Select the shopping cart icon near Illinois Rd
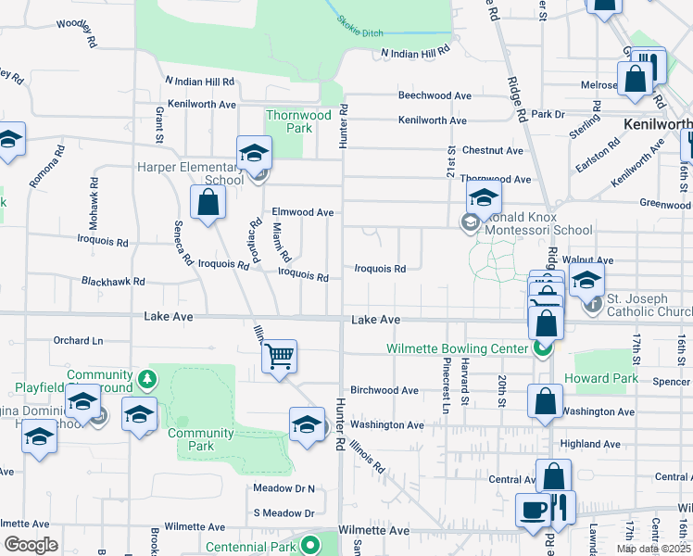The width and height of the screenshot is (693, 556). (279, 355)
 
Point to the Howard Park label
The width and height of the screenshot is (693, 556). (606, 378)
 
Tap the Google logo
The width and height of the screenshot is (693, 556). (31, 545)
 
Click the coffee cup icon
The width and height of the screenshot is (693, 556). (533, 511)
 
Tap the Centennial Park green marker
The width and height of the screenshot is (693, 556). (313, 546)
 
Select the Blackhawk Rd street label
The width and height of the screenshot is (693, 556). (113, 281)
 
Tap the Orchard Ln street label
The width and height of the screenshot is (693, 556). (78, 340)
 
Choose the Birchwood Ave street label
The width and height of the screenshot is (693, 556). (384, 390)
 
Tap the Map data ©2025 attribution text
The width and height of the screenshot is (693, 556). (651, 549)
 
